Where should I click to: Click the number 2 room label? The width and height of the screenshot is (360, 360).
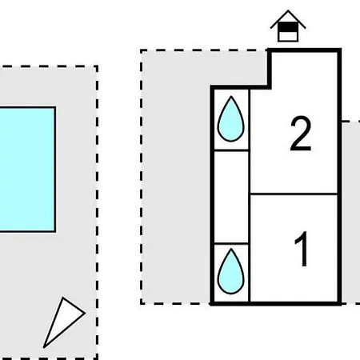pos(301,134)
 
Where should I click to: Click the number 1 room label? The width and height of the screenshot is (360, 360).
pos(302,249)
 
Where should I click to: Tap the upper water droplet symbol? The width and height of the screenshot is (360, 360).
pos(231,118)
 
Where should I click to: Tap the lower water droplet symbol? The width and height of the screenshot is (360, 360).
pos(231,271)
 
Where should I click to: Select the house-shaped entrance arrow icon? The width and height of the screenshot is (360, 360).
pos(288,26)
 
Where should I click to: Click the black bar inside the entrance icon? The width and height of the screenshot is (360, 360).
pos(288,27)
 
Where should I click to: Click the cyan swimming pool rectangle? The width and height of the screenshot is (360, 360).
pos(27,170)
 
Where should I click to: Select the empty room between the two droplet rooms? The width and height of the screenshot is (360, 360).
pos(231,198)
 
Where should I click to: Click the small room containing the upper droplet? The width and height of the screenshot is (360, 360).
pos(231,119)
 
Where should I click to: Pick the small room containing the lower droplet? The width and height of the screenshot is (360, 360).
pos(231,273)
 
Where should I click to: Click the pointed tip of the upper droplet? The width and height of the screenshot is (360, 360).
pos(231,96)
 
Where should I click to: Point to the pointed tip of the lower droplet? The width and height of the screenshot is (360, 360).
pos(231,249)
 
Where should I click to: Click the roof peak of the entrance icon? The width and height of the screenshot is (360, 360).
pos(288,10)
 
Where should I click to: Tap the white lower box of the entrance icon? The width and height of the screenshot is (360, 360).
pos(288,36)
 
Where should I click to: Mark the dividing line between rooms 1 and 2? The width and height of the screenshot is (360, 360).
pos(294,194)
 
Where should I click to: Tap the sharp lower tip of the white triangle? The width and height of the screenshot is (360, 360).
pos(44,347)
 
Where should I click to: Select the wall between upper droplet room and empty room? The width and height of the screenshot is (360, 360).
pos(231,150)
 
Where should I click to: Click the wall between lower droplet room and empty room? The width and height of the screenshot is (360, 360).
pos(231,244)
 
